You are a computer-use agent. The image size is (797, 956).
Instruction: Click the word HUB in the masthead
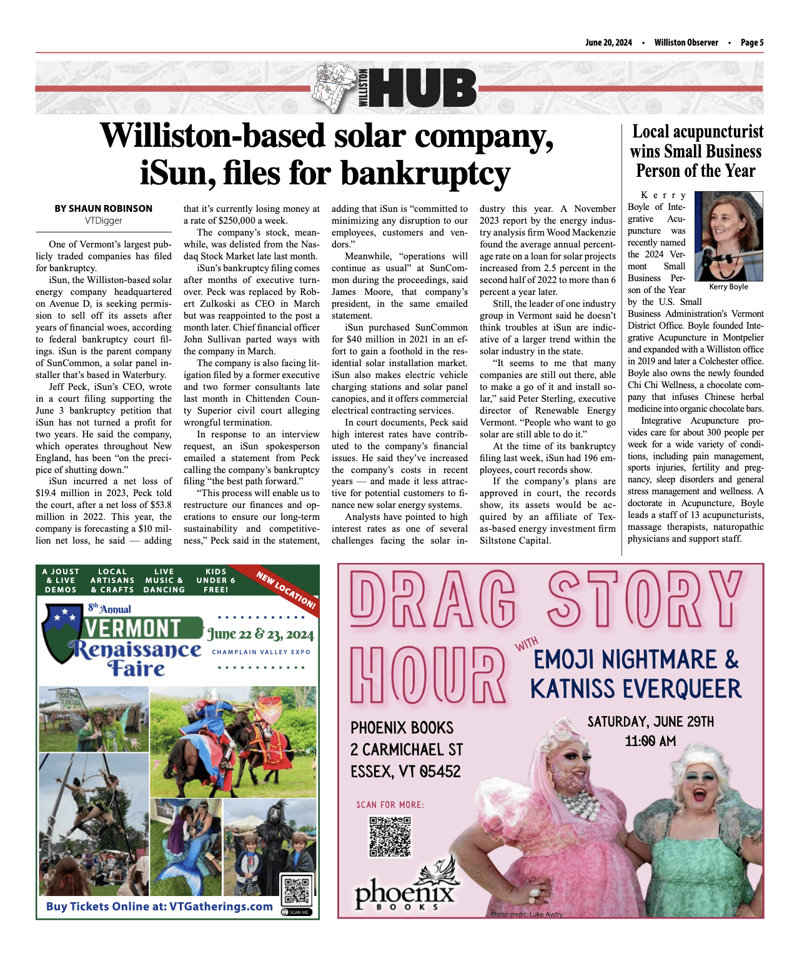[425, 88]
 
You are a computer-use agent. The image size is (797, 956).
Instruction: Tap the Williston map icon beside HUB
[335, 88]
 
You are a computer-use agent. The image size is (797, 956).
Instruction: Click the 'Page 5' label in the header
[751, 42]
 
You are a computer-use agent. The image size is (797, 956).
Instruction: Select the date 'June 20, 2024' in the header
[608, 42]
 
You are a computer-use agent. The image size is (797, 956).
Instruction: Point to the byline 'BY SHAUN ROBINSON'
[103, 209]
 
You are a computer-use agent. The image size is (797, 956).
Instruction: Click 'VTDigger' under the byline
[104, 221]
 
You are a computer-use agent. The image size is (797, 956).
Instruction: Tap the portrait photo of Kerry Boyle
[728, 237]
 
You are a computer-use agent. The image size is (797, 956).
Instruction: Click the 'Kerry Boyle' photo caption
[728, 287]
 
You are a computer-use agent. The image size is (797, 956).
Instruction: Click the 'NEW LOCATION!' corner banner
[287, 590]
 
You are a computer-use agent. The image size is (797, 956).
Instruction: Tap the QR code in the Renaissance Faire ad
[296, 890]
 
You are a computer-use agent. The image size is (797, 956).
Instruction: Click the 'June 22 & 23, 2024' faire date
[260, 634]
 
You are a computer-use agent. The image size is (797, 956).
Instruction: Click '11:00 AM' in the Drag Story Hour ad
[650, 741]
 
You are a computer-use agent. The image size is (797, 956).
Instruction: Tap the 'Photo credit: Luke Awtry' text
[527, 914]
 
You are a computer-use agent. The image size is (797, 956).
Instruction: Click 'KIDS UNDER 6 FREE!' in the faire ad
[216, 580]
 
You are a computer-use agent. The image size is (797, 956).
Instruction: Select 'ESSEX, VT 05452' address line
[405, 772]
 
